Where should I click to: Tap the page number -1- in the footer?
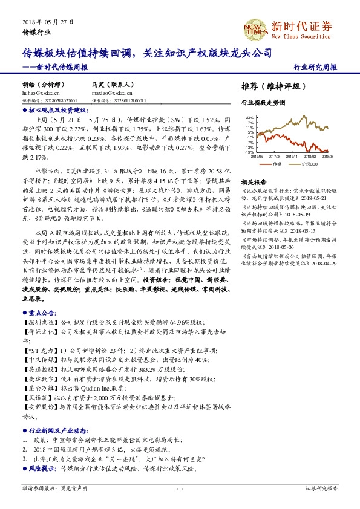point(180,488)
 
